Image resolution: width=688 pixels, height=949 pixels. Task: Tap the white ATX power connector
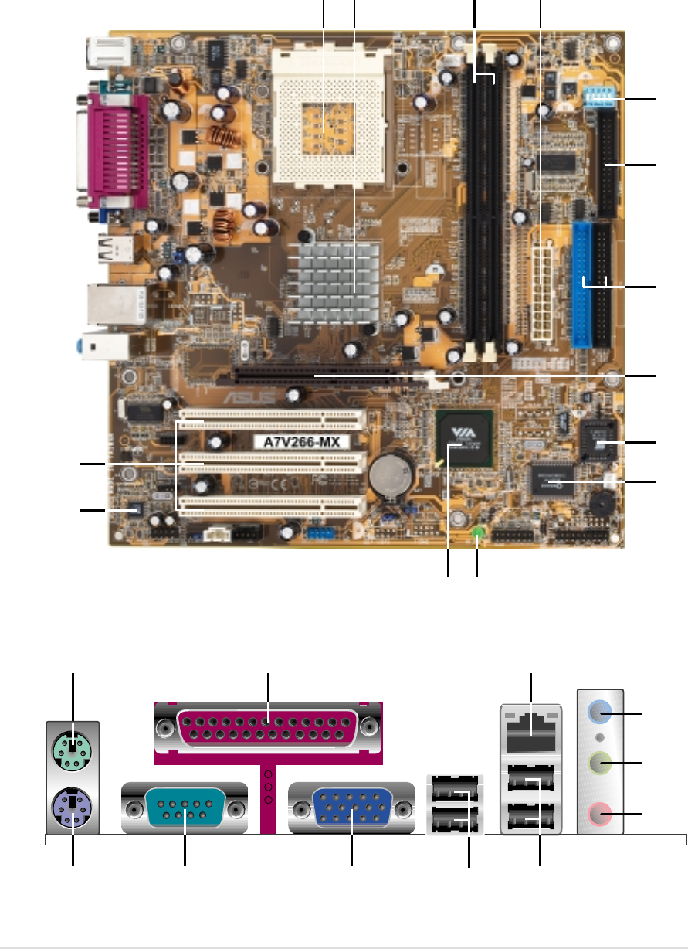[543, 287]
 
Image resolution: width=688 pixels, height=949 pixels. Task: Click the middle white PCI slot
[271, 462]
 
